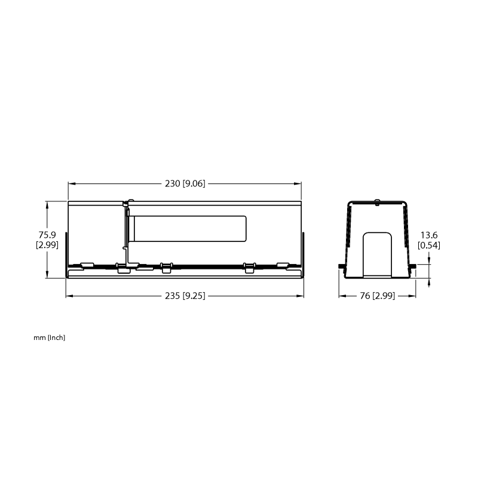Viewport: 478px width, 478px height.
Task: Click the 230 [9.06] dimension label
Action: (x=185, y=183)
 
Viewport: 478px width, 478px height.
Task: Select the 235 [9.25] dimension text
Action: (x=185, y=296)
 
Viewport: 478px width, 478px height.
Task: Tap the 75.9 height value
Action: (x=47, y=235)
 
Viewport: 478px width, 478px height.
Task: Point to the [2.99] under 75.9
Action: (x=47, y=245)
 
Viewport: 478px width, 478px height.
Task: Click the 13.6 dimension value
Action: (x=429, y=235)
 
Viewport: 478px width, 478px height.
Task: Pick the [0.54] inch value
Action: (x=429, y=245)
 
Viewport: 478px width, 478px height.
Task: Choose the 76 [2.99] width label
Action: (x=378, y=296)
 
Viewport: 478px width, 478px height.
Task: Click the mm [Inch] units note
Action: (x=50, y=338)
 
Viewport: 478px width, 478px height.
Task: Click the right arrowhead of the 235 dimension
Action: (x=300, y=296)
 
